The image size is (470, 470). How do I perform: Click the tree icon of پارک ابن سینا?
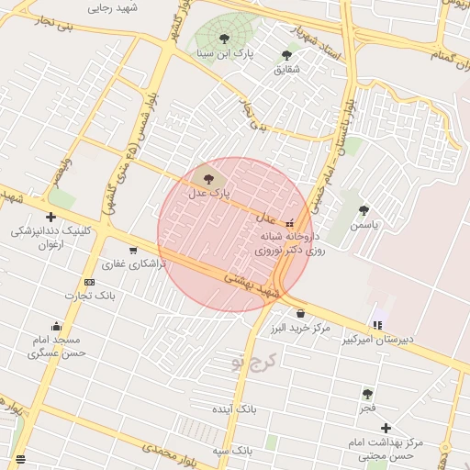tap(225, 39)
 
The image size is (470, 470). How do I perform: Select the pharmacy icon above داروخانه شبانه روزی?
tap(291, 222)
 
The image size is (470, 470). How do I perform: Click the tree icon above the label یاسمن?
tap(364, 210)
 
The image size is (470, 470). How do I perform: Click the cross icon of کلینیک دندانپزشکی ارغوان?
tap(50, 217)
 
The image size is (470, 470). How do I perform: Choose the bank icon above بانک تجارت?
tap(89, 282)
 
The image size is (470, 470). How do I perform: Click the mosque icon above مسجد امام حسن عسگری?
tap(56, 326)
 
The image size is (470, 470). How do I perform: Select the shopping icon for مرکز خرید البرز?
tap(300, 313)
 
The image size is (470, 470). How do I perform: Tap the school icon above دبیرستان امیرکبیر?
tap(377, 324)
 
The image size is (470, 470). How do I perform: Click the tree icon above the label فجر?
tap(367, 393)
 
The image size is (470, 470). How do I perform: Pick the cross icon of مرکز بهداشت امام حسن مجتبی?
tap(386, 428)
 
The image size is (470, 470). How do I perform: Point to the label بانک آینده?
tap(236, 408)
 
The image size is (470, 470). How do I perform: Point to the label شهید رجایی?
tap(112, 7)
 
